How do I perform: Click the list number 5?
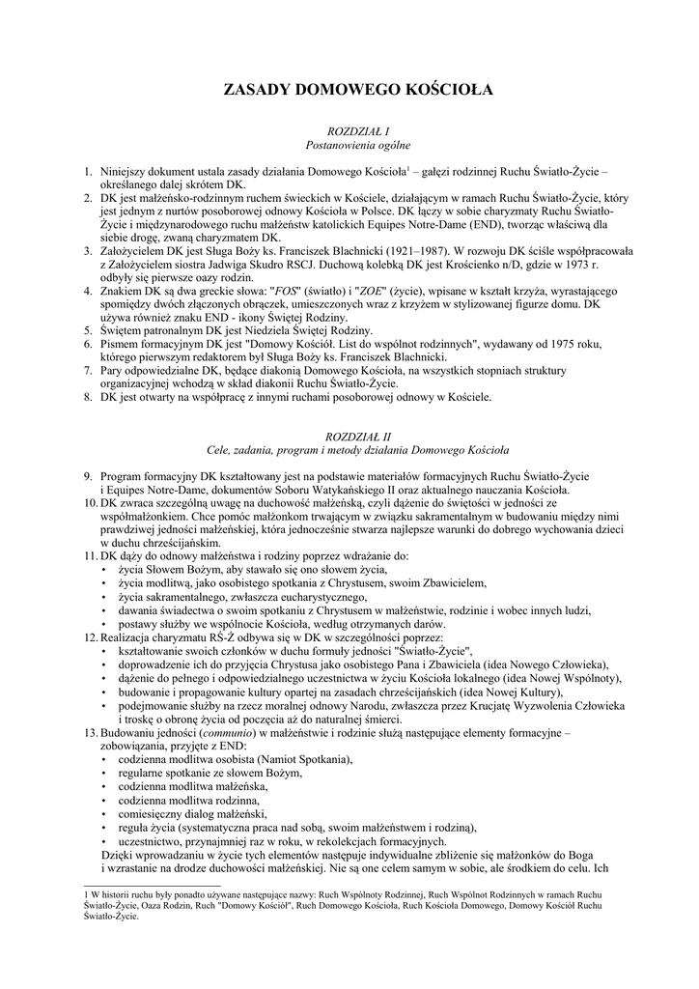(x=87, y=330)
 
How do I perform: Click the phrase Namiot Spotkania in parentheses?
(x=299, y=759)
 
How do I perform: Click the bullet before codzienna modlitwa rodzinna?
(x=105, y=801)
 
